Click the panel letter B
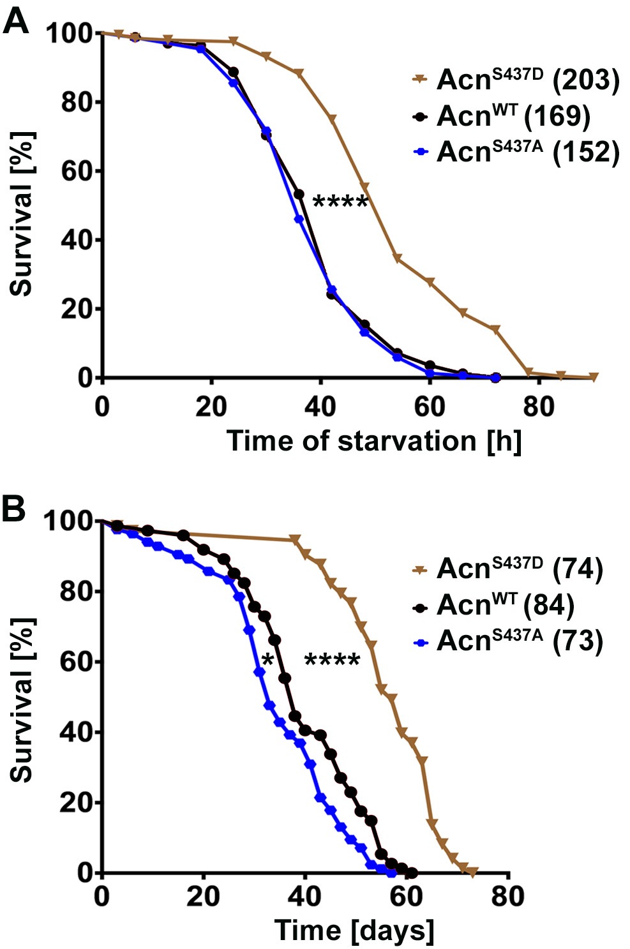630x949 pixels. click(15, 510)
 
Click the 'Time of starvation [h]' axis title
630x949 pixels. click(375, 441)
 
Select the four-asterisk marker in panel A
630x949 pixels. click(340, 203)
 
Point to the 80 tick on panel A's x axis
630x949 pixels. click(539, 407)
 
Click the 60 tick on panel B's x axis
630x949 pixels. click(407, 897)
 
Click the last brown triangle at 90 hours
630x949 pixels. click(594, 377)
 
